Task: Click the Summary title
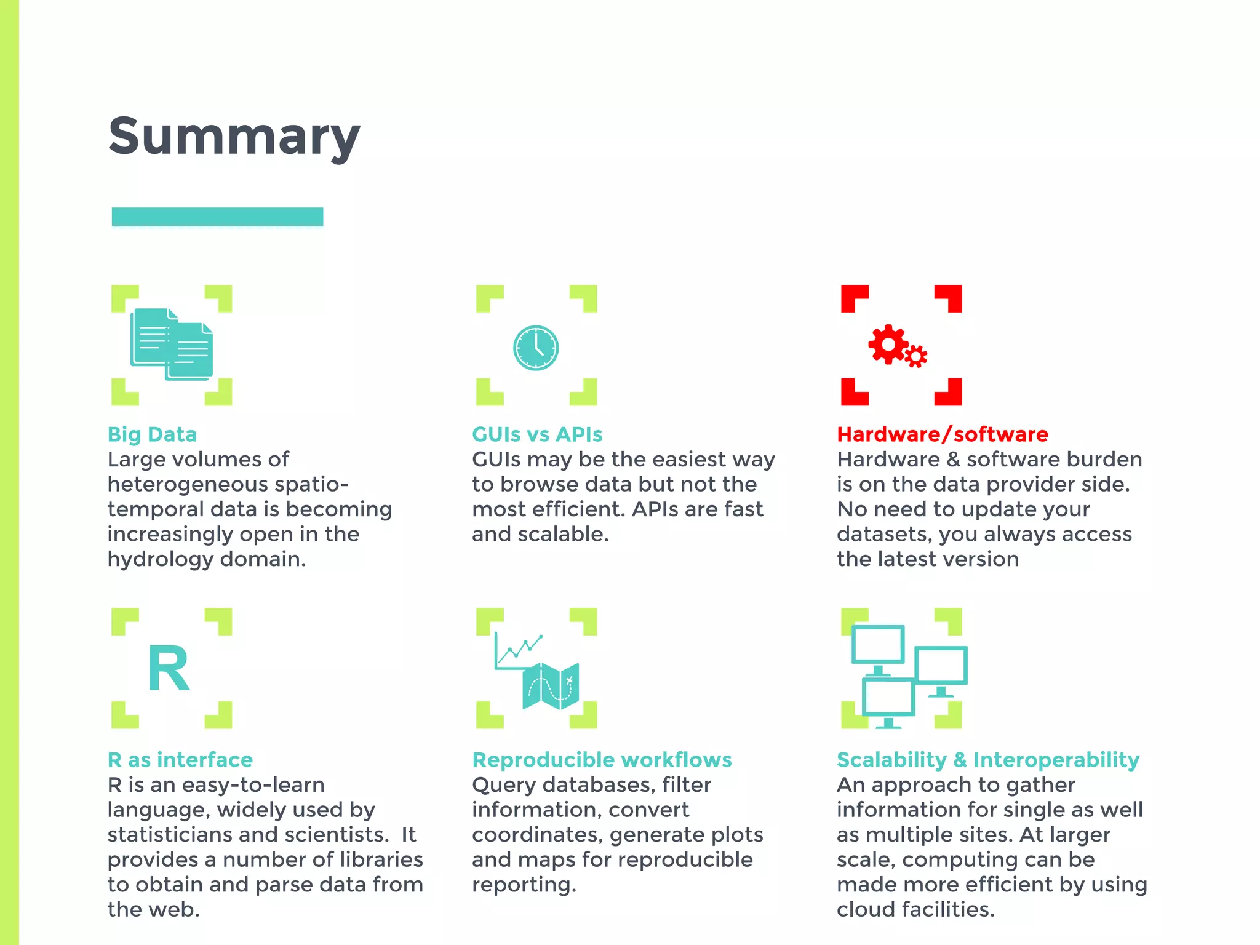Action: click(x=234, y=137)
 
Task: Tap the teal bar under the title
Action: click(x=217, y=217)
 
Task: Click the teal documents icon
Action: click(x=172, y=344)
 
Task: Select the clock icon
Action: click(x=536, y=348)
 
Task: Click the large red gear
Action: click(x=888, y=344)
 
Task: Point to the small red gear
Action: click(x=916, y=356)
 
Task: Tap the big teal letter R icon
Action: click(x=169, y=669)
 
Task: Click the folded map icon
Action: click(x=551, y=685)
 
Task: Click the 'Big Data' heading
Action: click(x=152, y=434)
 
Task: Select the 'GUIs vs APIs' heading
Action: click(x=537, y=434)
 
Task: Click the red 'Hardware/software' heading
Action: click(x=942, y=434)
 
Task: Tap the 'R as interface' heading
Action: click(x=180, y=760)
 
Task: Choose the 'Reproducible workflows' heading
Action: click(x=602, y=760)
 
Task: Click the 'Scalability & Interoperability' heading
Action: click(x=987, y=760)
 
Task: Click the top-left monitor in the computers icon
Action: click(x=877, y=645)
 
